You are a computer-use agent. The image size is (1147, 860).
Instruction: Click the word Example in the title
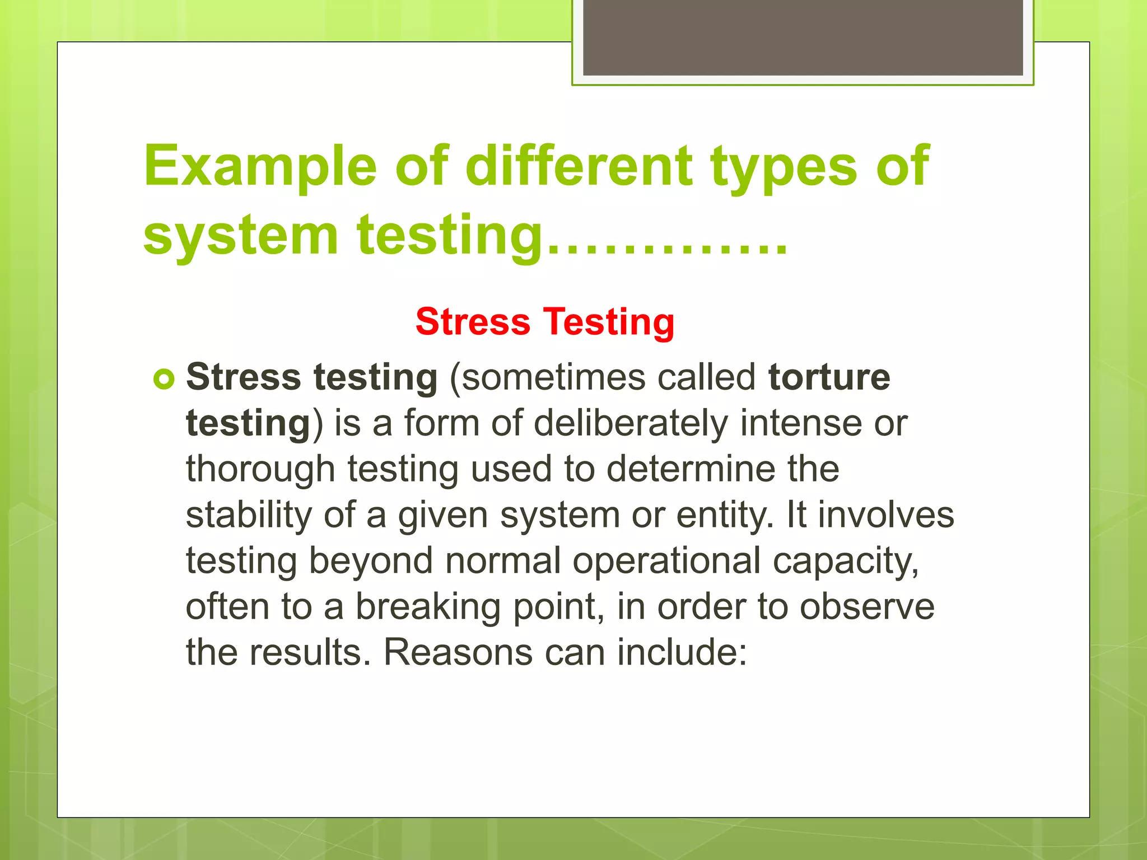tap(260, 166)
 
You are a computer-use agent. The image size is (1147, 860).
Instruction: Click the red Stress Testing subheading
tap(545, 322)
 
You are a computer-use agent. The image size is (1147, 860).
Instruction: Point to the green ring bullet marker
tap(164, 380)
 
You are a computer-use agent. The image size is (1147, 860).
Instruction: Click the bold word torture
tap(829, 377)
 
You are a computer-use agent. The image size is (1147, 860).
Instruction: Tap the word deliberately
tap(631, 423)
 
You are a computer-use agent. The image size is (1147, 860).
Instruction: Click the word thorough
tap(260, 469)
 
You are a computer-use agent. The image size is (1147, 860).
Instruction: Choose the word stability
tap(249, 515)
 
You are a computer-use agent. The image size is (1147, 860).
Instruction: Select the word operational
tap(666, 561)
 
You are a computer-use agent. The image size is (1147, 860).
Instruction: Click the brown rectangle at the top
tap(803, 37)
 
